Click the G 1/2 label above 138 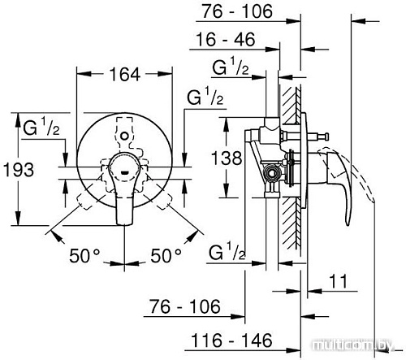point(231,67)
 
